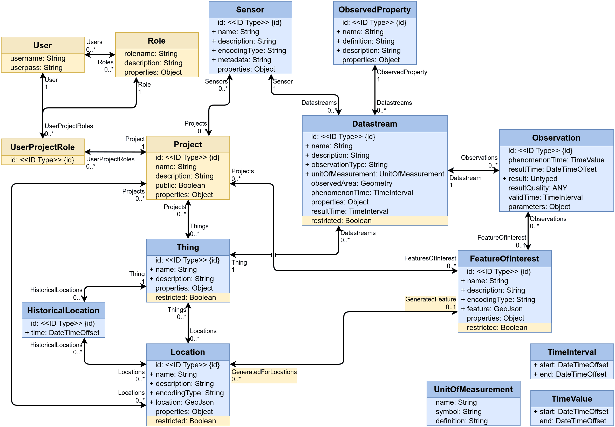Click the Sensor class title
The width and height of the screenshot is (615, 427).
pos(250,10)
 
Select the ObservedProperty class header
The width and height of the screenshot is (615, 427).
pos(374,10)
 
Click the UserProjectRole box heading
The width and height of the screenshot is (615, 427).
pos(42,147)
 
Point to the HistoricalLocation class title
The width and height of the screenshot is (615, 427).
pos(63,310)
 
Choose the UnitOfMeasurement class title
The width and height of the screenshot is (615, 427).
pos(473,389)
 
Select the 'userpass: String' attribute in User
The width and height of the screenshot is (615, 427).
pos(36,68)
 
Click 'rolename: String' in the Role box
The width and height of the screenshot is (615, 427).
pos(151,54)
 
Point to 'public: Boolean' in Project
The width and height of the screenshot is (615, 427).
pos(180,185)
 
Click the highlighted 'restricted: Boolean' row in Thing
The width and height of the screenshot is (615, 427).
pos(186,298)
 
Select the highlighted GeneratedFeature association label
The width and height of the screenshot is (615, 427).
pos(430,299)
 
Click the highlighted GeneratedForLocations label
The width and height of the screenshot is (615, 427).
pos(264,372)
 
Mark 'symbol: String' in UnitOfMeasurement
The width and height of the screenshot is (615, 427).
pos(458,411)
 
